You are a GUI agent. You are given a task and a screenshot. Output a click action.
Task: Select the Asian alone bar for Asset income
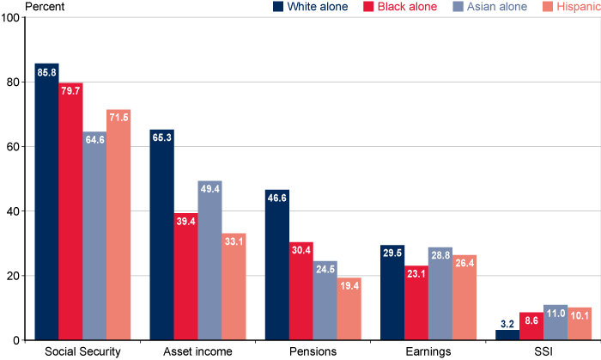pos(209,261)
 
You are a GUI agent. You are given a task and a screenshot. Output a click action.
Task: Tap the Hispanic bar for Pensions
pos(349,309)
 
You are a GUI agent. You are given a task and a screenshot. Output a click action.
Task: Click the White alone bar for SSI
pos(507,335)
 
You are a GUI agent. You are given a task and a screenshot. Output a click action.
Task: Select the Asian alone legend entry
pos(491,7)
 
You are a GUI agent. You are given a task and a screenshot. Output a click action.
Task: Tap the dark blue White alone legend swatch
pos(278,7)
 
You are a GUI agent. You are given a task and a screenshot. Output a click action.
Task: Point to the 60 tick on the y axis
pos(13,147)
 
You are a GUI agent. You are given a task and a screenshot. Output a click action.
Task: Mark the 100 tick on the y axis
pos(10,17)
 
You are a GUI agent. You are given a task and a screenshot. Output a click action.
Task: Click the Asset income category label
pos(197,351)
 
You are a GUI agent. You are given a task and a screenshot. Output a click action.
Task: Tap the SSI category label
pos(543,351)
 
